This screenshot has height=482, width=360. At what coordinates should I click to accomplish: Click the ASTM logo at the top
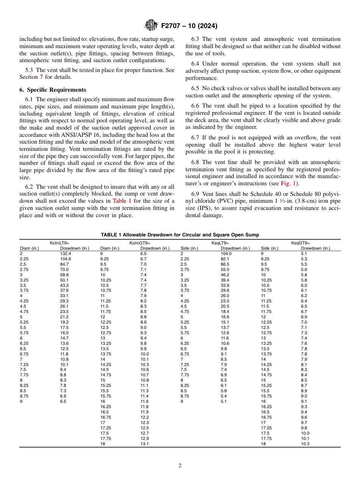(151, 26)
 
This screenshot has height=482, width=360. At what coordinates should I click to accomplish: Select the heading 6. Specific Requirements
(53, 90)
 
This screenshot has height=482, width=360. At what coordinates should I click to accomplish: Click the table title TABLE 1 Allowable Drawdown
(180, 235)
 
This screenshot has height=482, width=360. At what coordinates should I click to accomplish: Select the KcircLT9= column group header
(59, 243)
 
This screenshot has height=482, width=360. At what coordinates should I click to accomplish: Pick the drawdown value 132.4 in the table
(65, 254)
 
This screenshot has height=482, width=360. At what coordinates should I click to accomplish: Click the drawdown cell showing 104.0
(226, 254)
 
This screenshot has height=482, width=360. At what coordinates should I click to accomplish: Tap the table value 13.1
(144, 444)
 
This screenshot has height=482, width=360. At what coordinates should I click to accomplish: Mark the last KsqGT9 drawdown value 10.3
(305, 444)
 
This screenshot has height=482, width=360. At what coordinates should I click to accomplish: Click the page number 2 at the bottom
(180, 466)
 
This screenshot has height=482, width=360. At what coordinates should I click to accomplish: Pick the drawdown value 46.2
(225, 275)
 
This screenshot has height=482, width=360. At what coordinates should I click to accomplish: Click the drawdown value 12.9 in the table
(144, 438)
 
